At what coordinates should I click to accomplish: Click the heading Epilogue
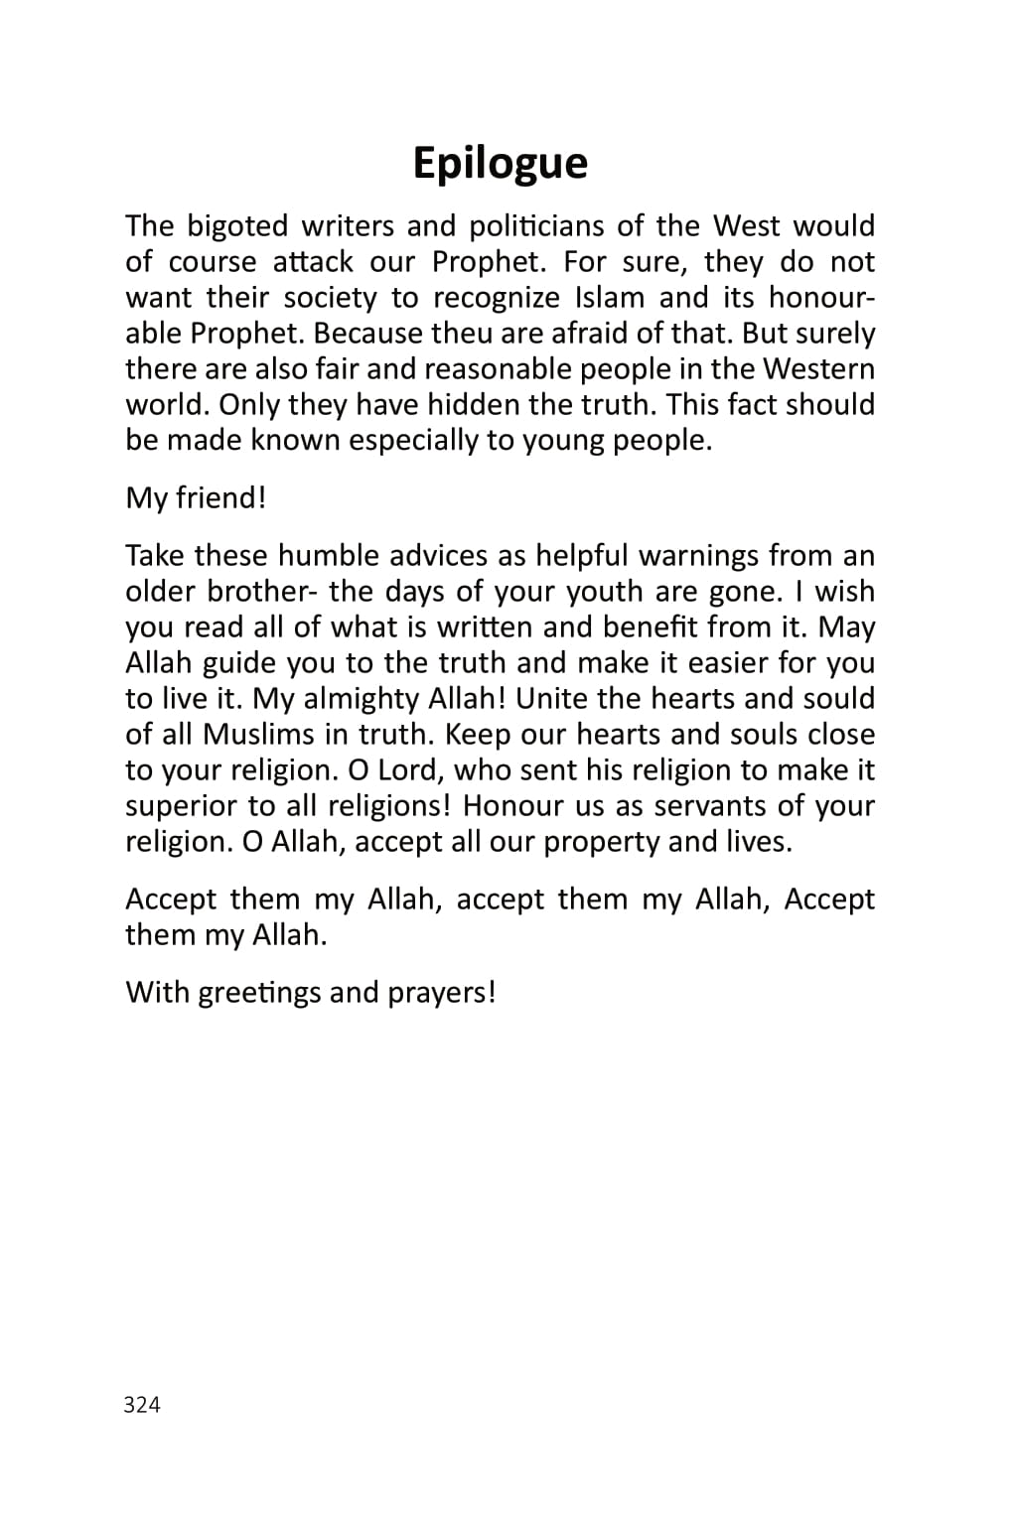500,163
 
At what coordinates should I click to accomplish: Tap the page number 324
142,1404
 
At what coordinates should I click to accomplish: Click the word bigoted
237,226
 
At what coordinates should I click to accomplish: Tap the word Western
818,369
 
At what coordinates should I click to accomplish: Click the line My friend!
196,497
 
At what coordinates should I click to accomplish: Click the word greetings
260,993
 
